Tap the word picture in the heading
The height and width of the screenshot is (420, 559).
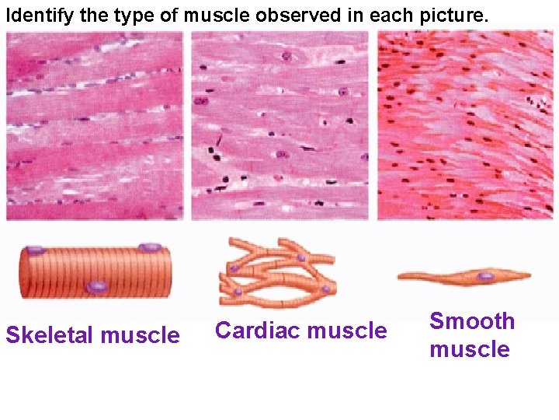point(450,15)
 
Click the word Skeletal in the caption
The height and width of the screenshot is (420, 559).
point(50,335)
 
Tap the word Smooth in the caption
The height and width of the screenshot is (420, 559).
point(472,321)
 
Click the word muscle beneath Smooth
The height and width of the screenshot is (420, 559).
point(470,349)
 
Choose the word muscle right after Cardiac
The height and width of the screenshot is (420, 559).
point(347,331)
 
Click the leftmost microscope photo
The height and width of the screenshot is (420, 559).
point(95,127)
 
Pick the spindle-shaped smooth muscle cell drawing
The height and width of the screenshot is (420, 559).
point(464,275)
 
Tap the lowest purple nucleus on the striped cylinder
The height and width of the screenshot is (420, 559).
point(96,287)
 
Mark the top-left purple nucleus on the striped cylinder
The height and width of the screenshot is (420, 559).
point(35,250)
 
